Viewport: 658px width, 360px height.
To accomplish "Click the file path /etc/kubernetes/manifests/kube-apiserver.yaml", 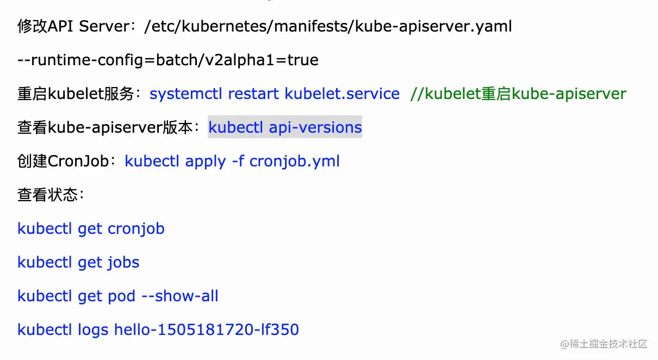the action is pyautogui.click(x=328, y=26).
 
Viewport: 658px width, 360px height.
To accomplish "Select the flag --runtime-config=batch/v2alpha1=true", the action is pyautogui.click(x=168, y=60).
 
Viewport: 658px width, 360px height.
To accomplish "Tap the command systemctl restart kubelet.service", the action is pyautogui.click(x=275, y=94).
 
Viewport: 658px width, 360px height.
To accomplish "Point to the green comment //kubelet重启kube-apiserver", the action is pyautogui.click(x=518, y=94).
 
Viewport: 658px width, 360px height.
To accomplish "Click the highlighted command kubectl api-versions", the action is pyautogui.click(x=285, y=127).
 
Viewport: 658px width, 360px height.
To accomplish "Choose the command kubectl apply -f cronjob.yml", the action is pyautogui.click(x=232, y=161).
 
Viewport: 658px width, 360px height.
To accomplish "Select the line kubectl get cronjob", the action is pyautogui.click(x=91, y=228).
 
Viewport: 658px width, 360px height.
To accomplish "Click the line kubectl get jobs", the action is pyautogui.click(x=78, y=262).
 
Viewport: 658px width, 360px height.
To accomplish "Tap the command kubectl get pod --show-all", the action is pyautogui.click(x=117, y=296).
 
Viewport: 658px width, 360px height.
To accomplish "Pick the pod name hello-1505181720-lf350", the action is pyautogui.click(x=206, y=330).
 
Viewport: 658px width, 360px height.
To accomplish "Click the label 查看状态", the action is pyautogui.click(x=48, y=195).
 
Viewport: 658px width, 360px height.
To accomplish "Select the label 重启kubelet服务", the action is pyautogui.click(x=76, y=94).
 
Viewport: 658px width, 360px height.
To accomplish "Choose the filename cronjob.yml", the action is pyautogui.click(x=294, y=161).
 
